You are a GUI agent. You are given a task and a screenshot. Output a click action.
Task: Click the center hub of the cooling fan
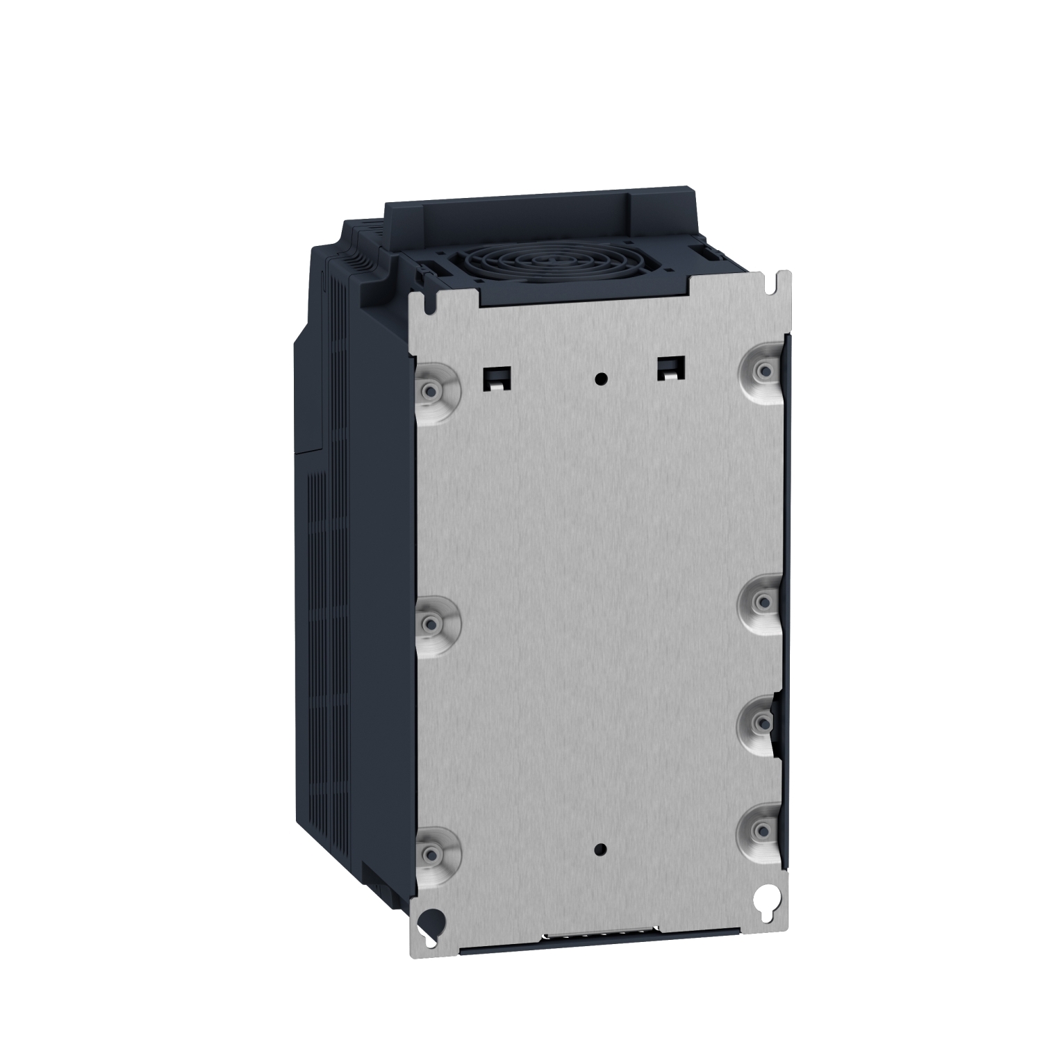pyautogui.click(x=535, y=265)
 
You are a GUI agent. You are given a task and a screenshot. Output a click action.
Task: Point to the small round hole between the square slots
pyautogui.click(x=602, y=379)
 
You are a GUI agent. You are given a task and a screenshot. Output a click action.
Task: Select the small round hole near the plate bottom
pyautogui.click(x=602, y=850)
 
